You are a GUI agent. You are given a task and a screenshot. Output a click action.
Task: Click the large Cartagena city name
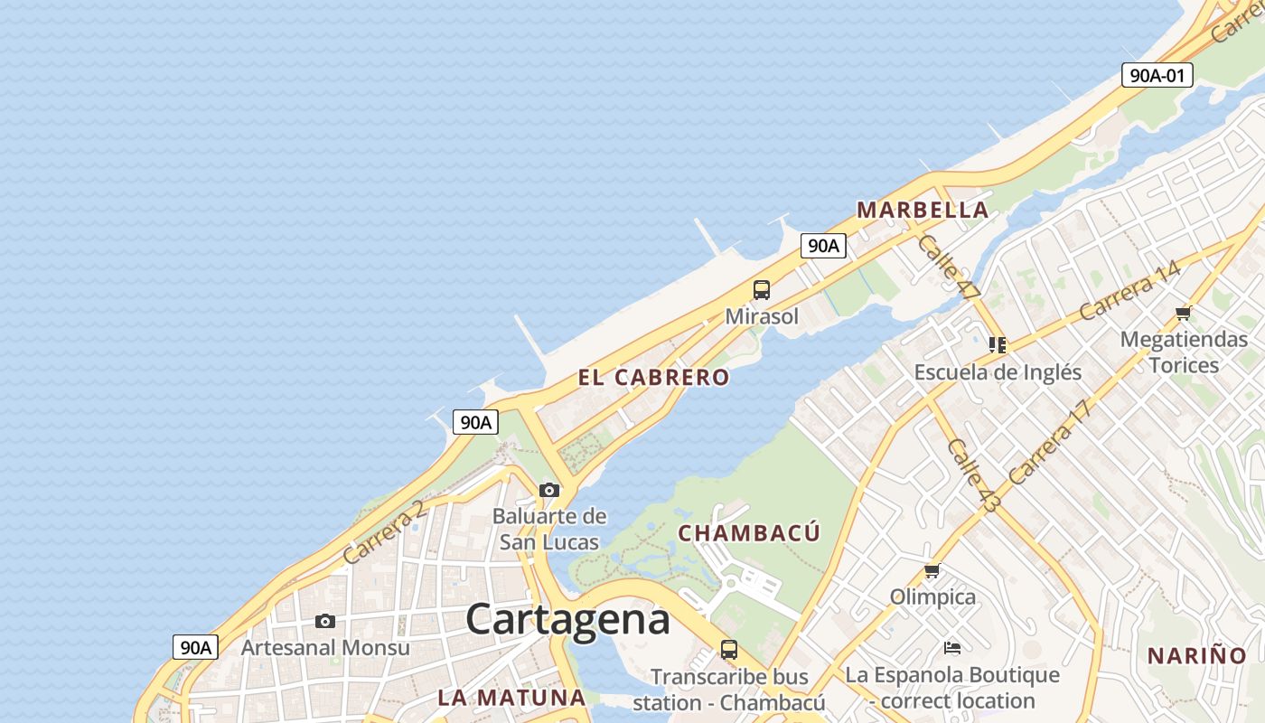click(568, 620)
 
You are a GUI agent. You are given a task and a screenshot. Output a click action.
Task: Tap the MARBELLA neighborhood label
click(923, 210)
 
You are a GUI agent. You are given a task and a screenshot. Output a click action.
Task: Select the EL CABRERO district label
click(653, 378)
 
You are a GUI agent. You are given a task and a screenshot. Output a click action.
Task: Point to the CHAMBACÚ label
click(749, 533)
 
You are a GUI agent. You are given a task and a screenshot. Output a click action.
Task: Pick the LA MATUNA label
click(512, 698)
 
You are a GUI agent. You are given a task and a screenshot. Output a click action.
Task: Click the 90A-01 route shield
click(1157, 75)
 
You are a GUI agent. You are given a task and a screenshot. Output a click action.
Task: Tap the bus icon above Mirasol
click(762, 290)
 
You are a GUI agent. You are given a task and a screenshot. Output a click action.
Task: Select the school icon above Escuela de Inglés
click(998, 344)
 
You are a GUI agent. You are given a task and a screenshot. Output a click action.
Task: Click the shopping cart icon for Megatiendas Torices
click(1183, 314)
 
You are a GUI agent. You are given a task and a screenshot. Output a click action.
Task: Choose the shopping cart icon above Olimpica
click(932, 571)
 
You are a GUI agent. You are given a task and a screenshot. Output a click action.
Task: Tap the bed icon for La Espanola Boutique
click(951, 648)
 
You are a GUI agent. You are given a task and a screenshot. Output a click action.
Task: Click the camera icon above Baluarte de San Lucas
click(549, 490)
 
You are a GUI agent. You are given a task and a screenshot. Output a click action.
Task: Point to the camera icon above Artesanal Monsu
click(325, 621)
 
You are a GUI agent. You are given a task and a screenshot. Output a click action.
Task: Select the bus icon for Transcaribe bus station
click(729, 649)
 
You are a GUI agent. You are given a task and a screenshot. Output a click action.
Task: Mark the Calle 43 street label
click(973, 475)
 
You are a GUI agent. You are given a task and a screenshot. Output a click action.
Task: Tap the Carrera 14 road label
click(1129, 290)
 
